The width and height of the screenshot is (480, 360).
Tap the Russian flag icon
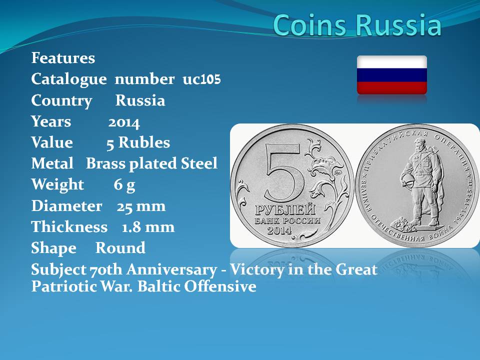pos(392,75)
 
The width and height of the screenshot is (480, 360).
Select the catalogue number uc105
pos(201,79)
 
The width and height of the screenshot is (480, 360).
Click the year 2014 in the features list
pos(124,122)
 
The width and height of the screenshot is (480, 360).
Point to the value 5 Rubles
pos(138,142)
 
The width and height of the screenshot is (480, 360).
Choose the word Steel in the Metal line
pos(199,163)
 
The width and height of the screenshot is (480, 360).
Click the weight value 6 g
pos(124,185)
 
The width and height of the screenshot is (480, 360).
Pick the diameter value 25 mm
pos(141,206)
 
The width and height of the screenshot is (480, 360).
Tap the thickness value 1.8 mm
pos(148,227)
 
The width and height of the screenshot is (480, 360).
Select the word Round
pos(120,248)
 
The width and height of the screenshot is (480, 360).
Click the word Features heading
pos(63,58)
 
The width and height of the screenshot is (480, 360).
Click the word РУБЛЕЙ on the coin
pos(285,210)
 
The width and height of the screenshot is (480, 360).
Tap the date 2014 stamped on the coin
pos(279,230)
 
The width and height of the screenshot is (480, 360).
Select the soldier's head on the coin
pos(419,143)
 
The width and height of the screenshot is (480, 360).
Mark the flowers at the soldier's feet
pos(403,224)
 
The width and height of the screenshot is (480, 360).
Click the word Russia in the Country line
pos(140,100)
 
